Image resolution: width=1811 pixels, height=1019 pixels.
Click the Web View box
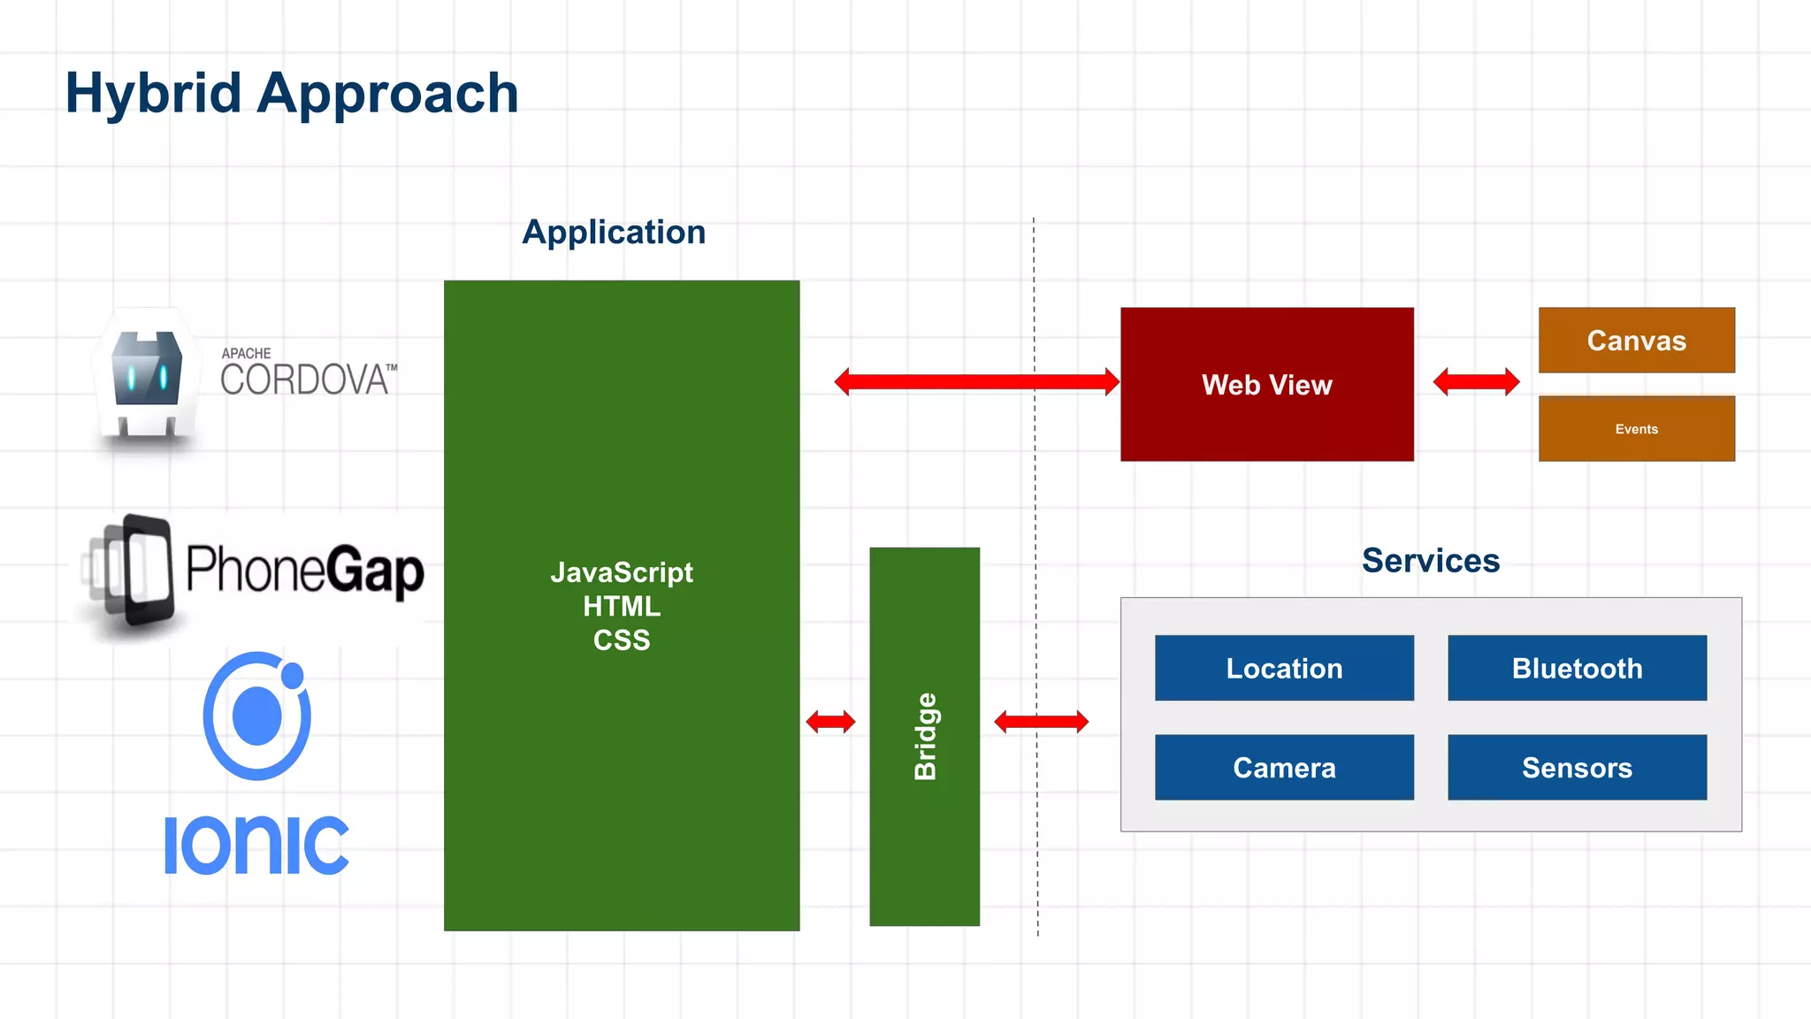(x=1266, y=384)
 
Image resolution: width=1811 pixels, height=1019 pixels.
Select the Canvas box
(x=1636, y=341)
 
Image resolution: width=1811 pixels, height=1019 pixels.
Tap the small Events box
(x=1636, y=429)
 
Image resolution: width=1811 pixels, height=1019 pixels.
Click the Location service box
(x=1284, y=668)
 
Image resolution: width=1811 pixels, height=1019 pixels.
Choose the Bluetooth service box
(x=1577, y=668)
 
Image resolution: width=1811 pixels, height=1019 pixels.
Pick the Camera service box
(x=1284, y=767)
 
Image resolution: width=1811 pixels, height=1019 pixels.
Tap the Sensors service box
(x=1577, y=767)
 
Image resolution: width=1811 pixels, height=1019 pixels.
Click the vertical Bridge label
(x=925, y=736)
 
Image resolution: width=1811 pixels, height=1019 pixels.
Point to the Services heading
(x=1430, y=561)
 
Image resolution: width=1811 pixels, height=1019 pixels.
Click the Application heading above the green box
(x=614, y=232)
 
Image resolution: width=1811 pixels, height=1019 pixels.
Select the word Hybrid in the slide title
(x=153, y=93)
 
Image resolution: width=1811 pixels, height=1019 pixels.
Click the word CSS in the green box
(x=622, y=640)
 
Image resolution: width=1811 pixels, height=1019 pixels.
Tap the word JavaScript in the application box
(x=622, y=572)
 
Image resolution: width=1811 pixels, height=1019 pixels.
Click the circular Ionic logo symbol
(x=256, y=715)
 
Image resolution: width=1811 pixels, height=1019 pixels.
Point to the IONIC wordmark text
(x=256, y=846)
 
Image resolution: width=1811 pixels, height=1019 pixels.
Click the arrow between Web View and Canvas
(x=1476, y=382)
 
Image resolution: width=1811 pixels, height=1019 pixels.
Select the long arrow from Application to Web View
(x=976, y=382)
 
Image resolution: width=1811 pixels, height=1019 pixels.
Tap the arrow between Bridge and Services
(x=1041, y=722)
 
